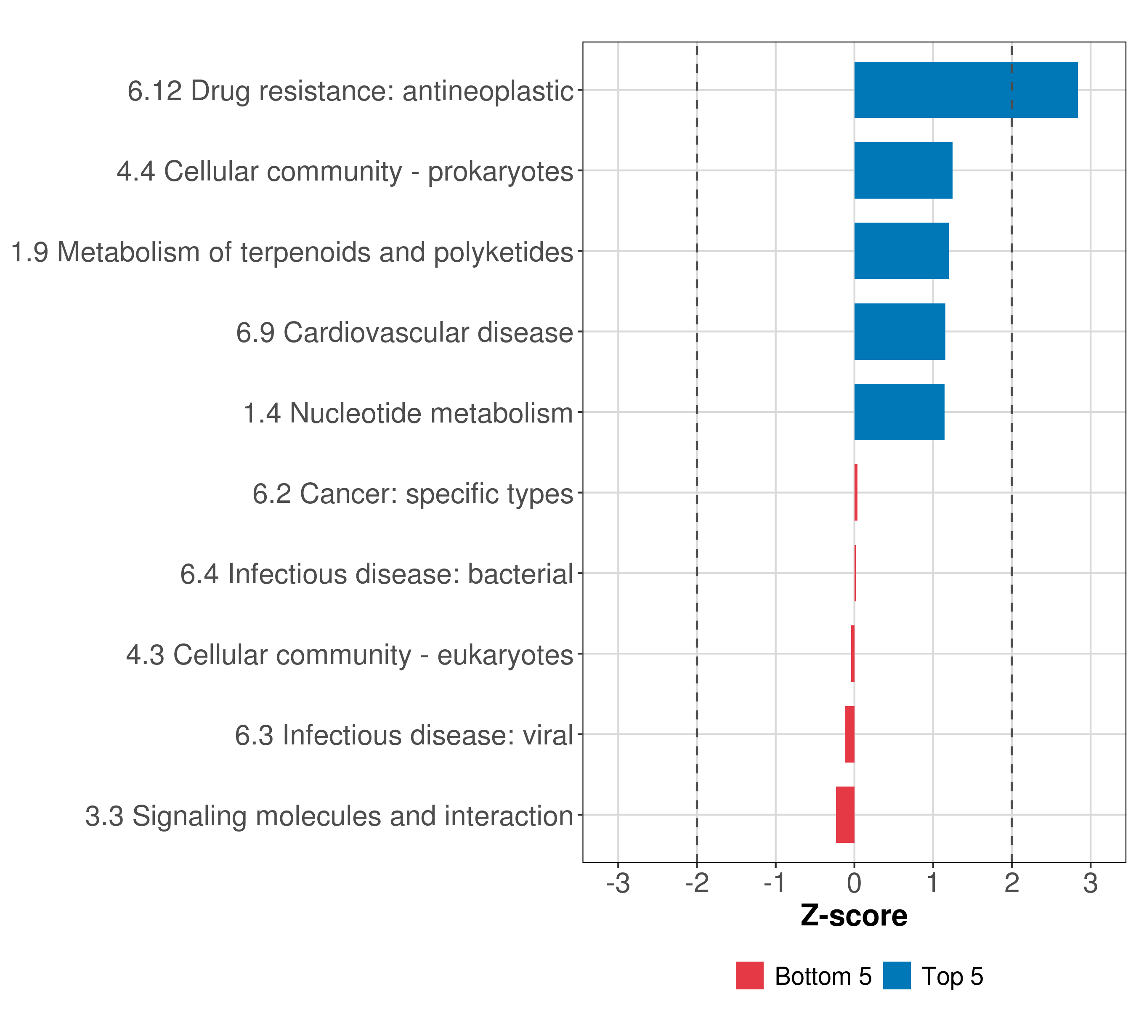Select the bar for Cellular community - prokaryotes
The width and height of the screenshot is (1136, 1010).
pos(903,171)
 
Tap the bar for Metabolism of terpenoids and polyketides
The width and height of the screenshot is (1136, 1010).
pos(901,251)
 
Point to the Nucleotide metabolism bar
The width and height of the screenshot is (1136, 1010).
pos(899,412)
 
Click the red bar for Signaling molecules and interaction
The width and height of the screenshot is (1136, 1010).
pos(845,814)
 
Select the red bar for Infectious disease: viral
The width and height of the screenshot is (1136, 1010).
pos(849,734)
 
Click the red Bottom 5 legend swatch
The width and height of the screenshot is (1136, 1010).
pos(749,975)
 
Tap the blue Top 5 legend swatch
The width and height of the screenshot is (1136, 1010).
pos(897,975)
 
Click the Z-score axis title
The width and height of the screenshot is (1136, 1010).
pos(854,915)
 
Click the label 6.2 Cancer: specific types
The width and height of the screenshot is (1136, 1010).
pos(412,494)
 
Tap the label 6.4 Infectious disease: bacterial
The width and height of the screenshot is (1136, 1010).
pos(376,574)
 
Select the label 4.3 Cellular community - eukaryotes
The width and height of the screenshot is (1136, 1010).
pos(349,654)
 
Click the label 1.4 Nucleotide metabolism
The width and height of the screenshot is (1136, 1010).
pos(408,413)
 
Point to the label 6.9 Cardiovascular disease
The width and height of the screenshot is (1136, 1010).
pos(404,332)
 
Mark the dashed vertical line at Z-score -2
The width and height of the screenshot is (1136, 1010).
pos(697,556)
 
